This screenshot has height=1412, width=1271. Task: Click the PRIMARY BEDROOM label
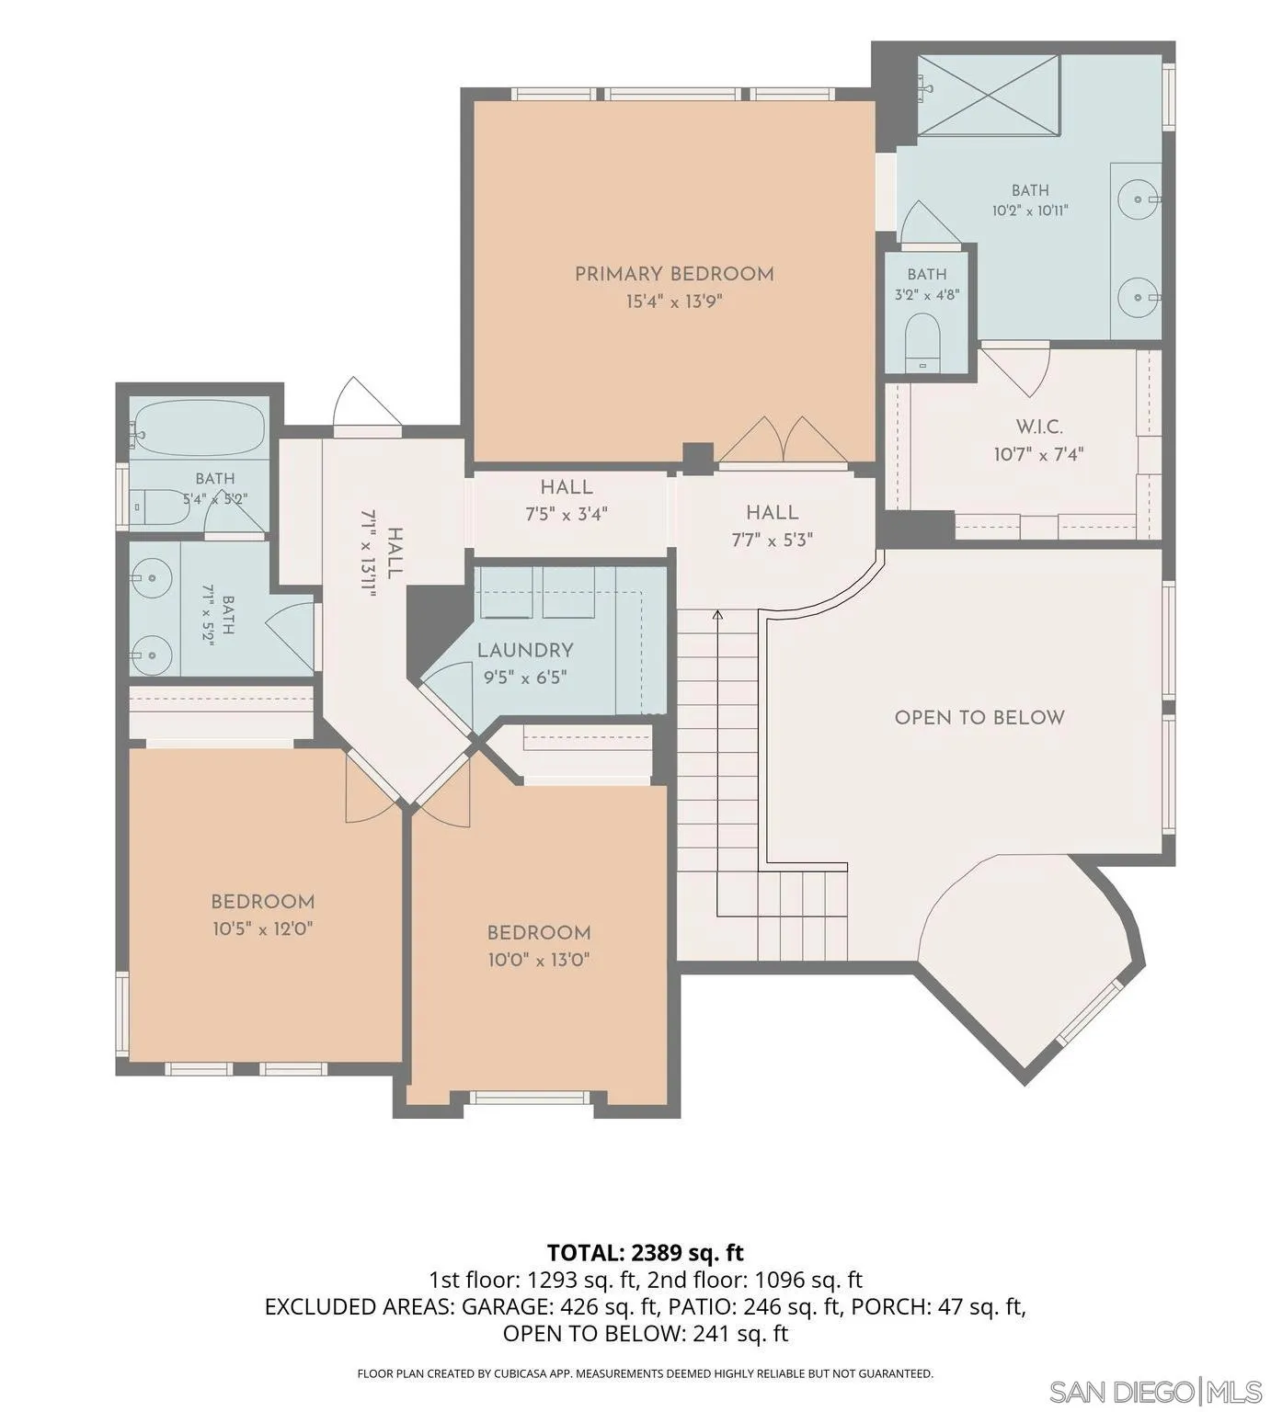point(674,274)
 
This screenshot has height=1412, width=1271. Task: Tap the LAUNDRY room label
point(525,651)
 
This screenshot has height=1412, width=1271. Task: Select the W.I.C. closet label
point(1039,427)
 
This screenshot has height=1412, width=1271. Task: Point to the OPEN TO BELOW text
point(979,718)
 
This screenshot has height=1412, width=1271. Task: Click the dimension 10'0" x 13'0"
point(538,961)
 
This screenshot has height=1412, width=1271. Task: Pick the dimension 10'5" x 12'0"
point(263,929)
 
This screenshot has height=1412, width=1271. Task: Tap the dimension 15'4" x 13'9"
point(674,302)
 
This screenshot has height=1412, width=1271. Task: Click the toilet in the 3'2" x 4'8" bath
point(922,342)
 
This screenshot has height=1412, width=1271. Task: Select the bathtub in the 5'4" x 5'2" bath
point(199,427)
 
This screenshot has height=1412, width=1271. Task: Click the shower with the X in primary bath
point(989,95)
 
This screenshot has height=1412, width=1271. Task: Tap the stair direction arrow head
point(716,614)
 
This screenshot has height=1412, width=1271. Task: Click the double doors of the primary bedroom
point(782,440)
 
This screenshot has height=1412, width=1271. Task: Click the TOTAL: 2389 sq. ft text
point(645,1252)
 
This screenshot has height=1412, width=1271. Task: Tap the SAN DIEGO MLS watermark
point(1156,1391)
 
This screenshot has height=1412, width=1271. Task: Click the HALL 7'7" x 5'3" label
point(773,526)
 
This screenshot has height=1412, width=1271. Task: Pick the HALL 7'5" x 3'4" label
point(567,501)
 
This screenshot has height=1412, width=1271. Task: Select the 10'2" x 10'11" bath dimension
point(1030,211)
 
